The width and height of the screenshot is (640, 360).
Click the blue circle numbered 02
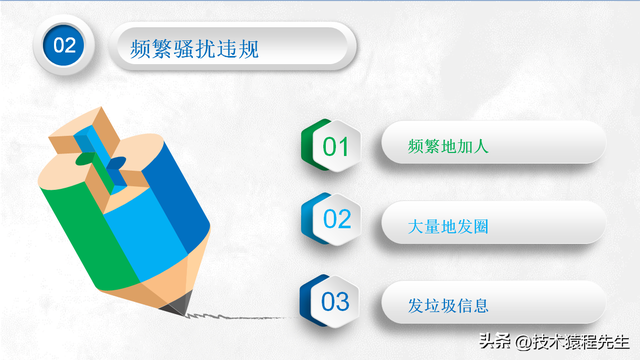pyautogui.click(x=64, y=45)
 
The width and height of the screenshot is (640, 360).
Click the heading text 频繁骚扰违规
pyautogui.click(x=194, y=47)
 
